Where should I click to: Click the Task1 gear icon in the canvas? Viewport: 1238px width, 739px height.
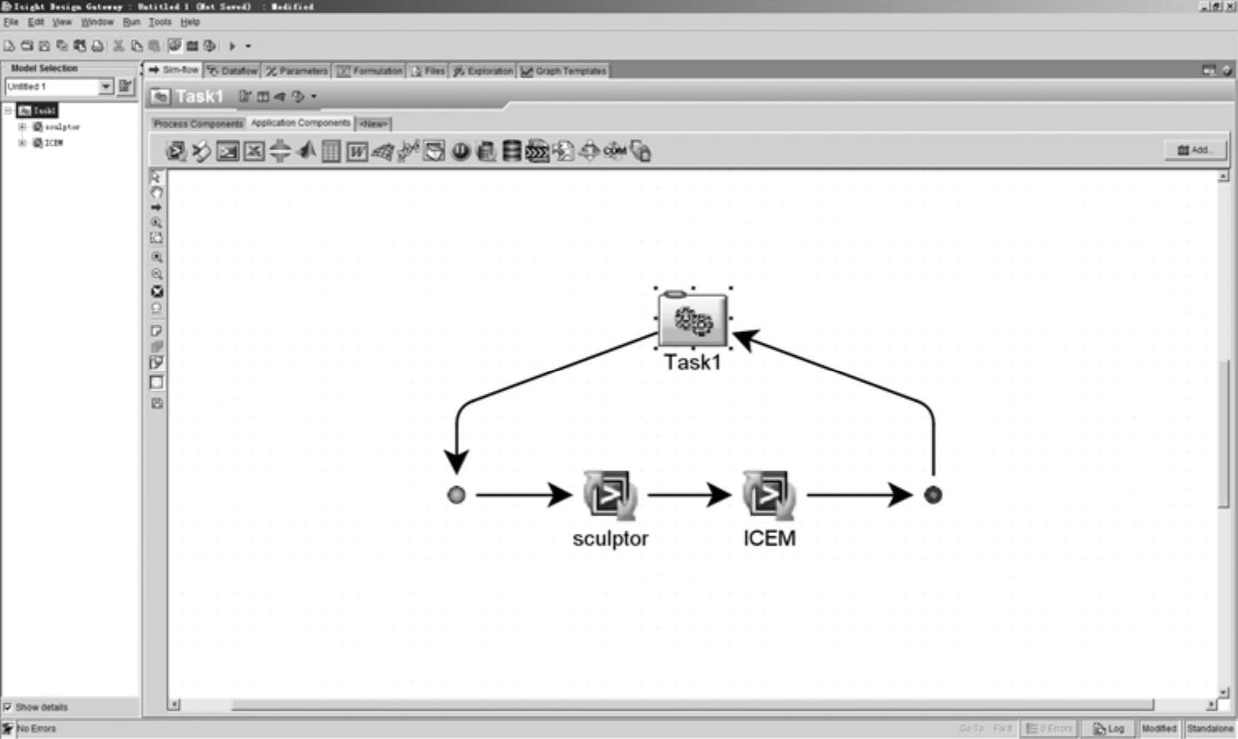[x=693, y=319]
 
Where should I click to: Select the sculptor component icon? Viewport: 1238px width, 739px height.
[x=609, y=495]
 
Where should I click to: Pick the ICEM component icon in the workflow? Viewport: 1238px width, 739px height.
[x=769, y=495]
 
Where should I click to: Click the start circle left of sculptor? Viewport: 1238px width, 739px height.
[x=457, y=495]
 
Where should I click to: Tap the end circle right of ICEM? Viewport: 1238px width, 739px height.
[x=932, y=495]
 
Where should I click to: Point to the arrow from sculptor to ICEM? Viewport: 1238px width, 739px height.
[x=688, y=495]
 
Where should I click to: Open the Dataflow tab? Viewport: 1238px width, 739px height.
[x=233, y=71]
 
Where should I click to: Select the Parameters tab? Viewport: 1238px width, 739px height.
[x=297, y=71]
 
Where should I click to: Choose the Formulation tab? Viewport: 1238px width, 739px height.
[x=370, y=71]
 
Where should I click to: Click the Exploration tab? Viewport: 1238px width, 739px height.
[x=483, y=71]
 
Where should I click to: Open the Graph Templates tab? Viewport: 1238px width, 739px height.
[x=563, y=71]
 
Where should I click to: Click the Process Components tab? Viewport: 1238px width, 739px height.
[x=198, y=123]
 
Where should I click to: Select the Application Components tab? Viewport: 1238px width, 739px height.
[x=301, y=123]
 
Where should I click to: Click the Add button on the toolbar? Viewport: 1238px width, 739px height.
[x=1195, y=150]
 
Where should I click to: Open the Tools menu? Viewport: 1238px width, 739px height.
[x=159, y=23]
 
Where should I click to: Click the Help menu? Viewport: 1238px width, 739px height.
[x=190, y=23]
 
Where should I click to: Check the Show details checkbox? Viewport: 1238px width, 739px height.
[x=8, y=707]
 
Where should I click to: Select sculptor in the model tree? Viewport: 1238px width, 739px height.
[x=62, y=127]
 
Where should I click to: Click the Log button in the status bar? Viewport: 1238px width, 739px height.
[x=1109, y=728]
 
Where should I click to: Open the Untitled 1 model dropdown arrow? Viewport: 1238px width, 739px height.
[x=105, y=87]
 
